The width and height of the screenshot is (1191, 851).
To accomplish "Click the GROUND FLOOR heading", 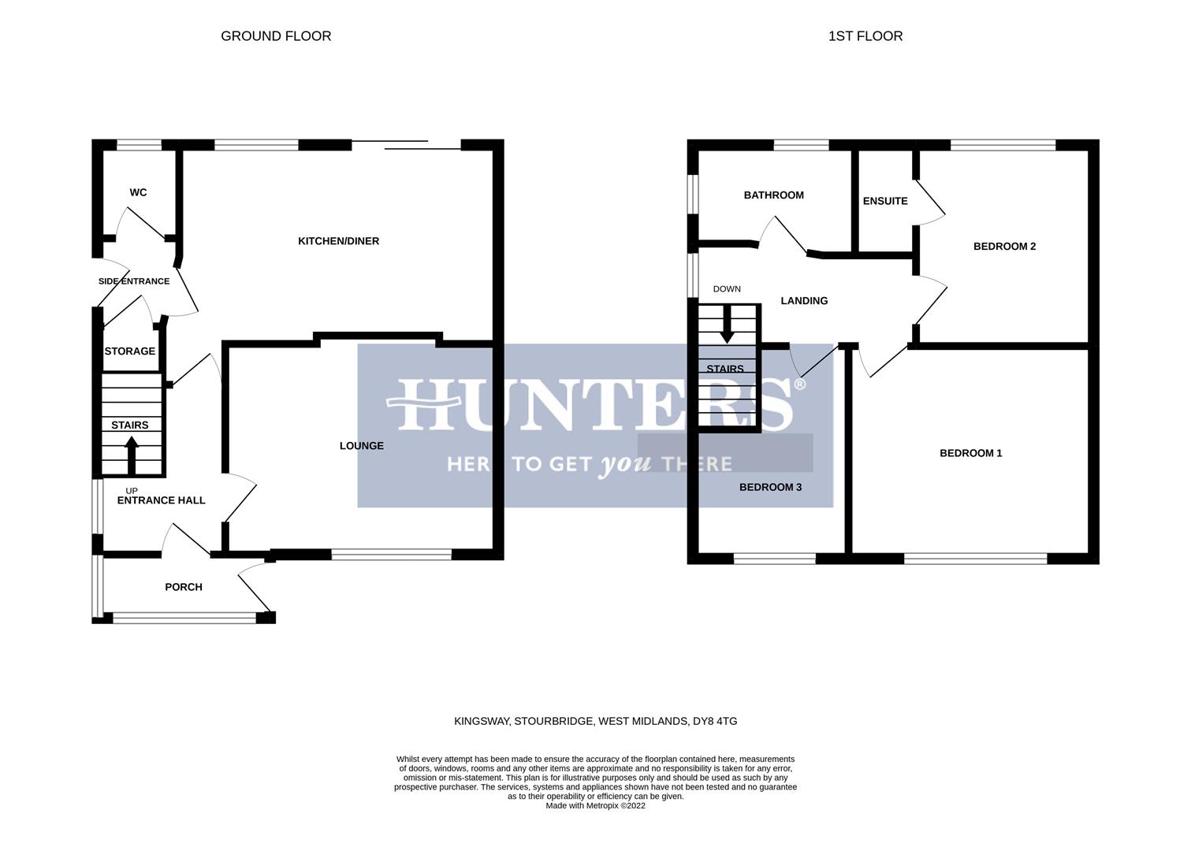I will click(x=276, y=36).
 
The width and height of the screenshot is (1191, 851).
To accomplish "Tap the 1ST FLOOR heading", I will click(x=865, y=36).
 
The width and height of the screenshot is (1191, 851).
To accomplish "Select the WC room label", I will click(x=138, y=193).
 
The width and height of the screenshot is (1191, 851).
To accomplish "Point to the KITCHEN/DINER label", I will click(x=338, y=241).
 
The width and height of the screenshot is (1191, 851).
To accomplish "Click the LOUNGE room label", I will click(x=362, y=446).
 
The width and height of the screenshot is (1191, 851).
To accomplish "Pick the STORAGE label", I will click(x=130, y=351).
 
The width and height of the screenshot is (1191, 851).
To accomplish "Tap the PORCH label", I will click(x=184, y=587).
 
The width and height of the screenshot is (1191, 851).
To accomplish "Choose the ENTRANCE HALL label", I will click(x=161, y=500).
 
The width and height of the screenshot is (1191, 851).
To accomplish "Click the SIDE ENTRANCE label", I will click(x=134, y=281).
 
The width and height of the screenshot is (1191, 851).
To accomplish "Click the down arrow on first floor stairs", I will click(x=727, y=325).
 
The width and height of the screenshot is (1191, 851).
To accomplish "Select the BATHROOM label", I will click(x=773, y=195).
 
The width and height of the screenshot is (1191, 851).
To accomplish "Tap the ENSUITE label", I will click(x=885, y=201).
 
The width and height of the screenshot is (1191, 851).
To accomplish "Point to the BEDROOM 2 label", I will click(x=1004, y=247).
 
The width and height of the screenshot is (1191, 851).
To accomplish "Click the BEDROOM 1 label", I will click(x=970, y=453).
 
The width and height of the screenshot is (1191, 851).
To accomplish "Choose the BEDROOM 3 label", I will click(x=770, y=488).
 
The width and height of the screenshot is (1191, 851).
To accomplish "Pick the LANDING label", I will click(x=804, y=301).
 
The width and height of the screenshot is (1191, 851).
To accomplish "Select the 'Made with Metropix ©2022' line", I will click(x=595, y=806).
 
